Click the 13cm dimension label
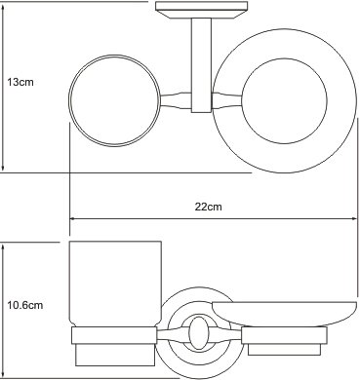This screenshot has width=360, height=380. point(20,82)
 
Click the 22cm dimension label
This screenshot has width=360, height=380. point(209,207)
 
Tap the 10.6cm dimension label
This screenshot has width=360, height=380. point(25,305)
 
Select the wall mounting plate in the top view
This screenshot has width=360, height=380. point(202,10)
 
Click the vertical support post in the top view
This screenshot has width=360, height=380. point(201,65)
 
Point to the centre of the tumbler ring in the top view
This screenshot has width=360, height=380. point(114,100)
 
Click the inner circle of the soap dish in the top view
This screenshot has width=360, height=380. point(285,101)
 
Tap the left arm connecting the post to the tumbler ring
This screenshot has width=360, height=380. point(176,100)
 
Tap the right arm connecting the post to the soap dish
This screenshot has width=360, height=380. point(227,100)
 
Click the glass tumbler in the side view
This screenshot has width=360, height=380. point(115,285)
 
